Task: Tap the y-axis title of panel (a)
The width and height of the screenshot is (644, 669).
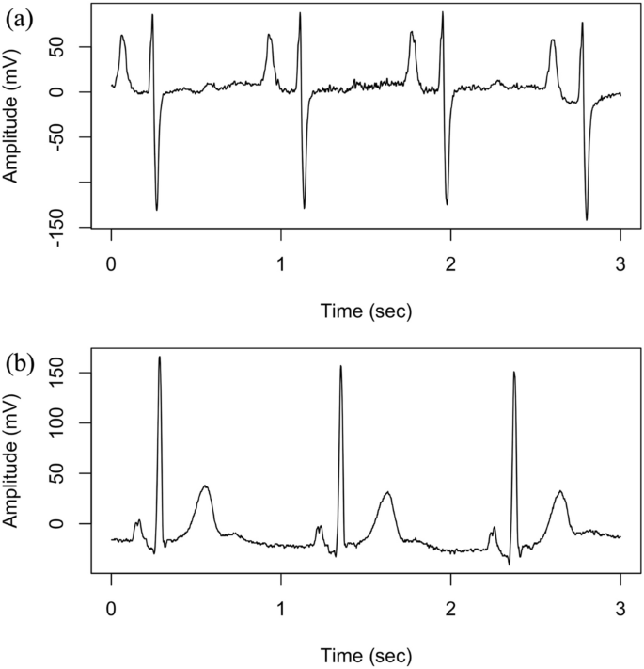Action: coord(14,116)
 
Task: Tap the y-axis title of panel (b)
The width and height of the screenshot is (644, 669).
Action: coord(14,460)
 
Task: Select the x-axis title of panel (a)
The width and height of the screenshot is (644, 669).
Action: coord(366,309)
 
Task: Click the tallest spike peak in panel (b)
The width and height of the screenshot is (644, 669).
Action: coord(159,357)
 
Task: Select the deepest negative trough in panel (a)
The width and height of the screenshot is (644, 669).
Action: coord(587,219)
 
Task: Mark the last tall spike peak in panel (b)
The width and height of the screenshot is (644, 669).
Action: coord(514,372)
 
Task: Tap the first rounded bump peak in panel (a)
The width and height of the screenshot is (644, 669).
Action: coord(122,36)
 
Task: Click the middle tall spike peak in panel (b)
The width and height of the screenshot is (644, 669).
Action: coord(340,366)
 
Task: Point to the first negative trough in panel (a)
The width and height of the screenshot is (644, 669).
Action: coord(156,209)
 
